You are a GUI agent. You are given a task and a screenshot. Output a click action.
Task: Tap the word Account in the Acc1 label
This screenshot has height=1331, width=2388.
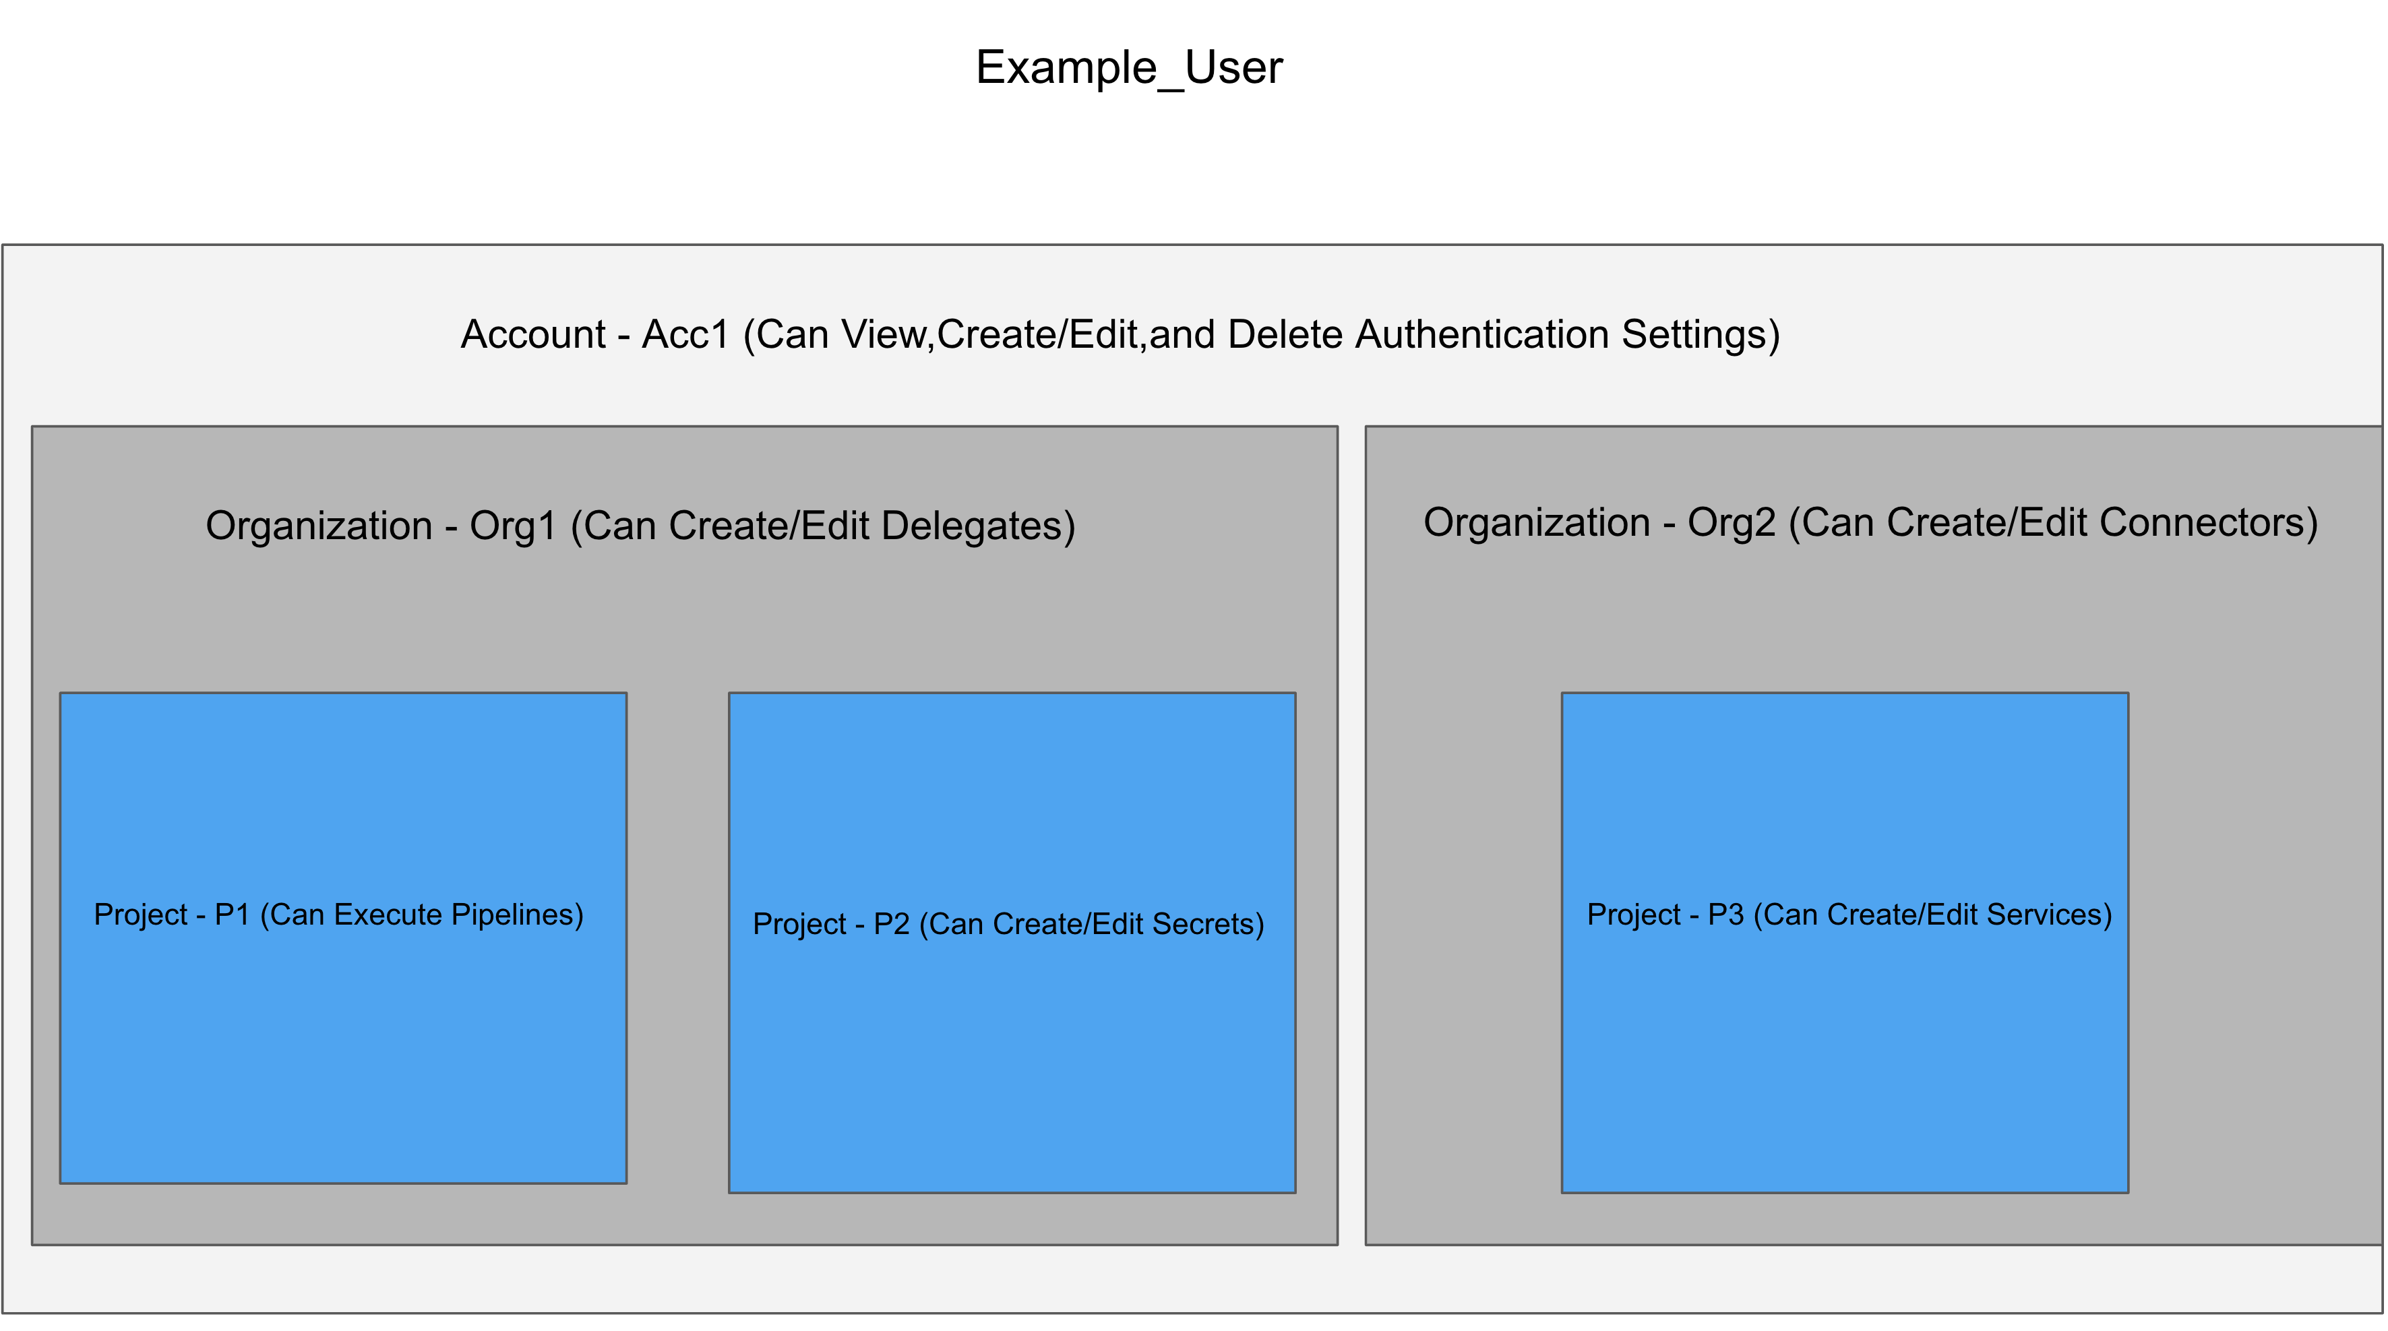pyautogui.click(x=533, y=335)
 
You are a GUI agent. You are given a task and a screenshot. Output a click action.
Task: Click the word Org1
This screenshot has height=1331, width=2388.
pyautogui.click(x=513, y=526)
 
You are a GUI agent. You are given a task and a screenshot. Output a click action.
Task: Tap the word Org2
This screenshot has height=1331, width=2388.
pyautogui.click(x=1731, y=523)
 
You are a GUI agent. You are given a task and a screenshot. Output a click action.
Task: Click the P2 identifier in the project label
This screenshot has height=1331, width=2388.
pyautogui.click(x=891, y=924)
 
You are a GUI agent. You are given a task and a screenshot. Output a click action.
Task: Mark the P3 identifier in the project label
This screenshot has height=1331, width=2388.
pyautogui.click(x=1726, y=915)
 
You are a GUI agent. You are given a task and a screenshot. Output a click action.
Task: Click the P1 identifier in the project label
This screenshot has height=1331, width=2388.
pyautogui.click(x=232, y=915)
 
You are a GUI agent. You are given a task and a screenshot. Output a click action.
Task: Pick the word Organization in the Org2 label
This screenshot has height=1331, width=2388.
pyautogui.click(x=1537, y=524)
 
